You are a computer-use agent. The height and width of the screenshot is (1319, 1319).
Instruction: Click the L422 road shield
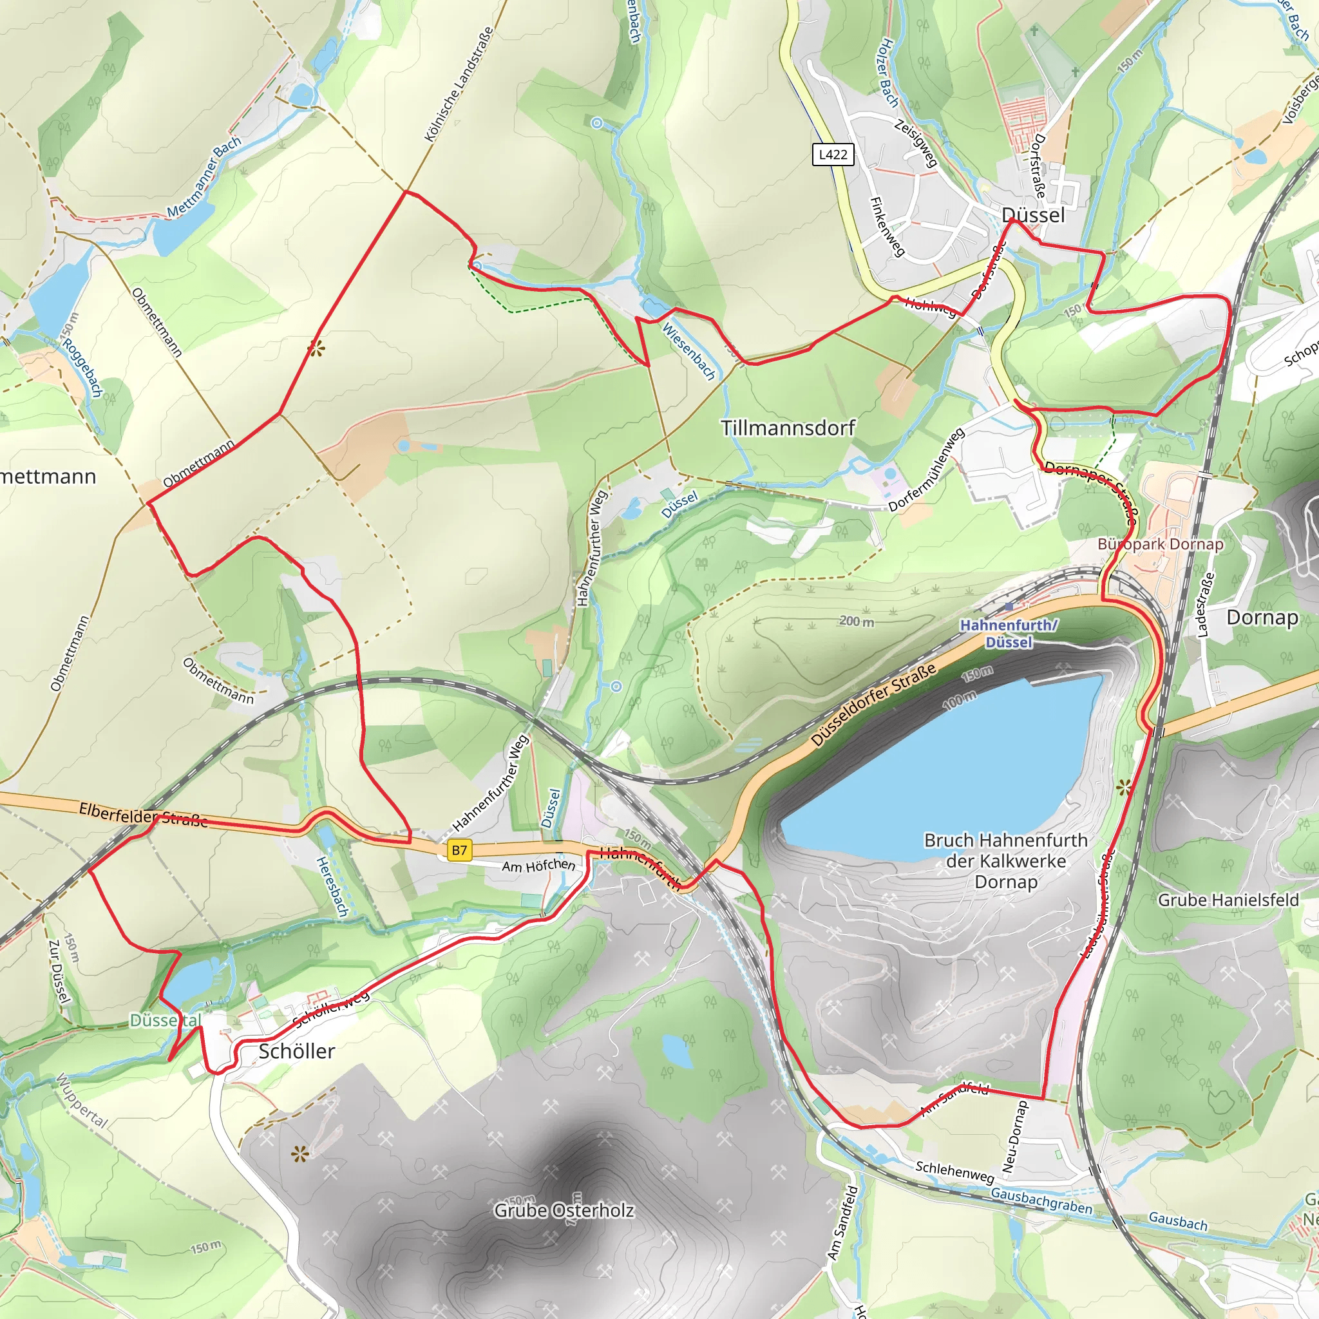pyautogui.click(x=833, y=155)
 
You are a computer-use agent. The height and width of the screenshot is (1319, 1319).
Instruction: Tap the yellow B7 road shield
pyautogui.click(x=459, y=850)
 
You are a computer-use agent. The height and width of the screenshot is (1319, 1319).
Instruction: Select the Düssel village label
pyautogui.click(x=1034, y=215)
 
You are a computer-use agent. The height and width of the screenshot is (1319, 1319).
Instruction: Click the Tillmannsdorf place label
pyautogui.click(x=788, y=428)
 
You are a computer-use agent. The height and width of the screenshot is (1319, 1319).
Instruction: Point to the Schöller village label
pyautogui.click(x=296, y=1050)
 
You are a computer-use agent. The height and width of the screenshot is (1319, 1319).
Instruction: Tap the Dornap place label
pyautogui.click(x=1262, y=617)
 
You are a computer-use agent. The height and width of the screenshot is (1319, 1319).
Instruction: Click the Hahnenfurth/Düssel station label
pyautogui.click(x=1009, y=634)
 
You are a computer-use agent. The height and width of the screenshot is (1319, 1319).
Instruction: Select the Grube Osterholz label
pyautogui.click(x=564, y=1210)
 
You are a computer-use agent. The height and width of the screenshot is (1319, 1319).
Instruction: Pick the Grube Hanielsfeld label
pyautogui.click(x=1228, y=900)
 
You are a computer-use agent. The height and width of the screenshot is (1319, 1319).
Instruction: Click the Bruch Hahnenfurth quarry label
pyautogui.click(x=1005, y=860)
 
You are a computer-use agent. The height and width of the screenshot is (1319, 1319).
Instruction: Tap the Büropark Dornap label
pyautogui.click(x=1160, y=544)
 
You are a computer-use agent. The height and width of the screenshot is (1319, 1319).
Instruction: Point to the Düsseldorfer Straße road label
pyautogui.click(x=873, y=705)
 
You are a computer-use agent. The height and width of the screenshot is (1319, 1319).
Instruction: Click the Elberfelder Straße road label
pyautogui.click(x=144, y=815)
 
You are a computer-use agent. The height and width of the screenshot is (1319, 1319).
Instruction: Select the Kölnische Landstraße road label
pyautogui.click(x=459, y=84)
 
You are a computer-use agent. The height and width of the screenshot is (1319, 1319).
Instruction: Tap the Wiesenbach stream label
pyautogui.click(x=689, y=351)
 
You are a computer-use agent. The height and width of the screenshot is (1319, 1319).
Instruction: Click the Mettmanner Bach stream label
pyautogui.click(x=204, y=177)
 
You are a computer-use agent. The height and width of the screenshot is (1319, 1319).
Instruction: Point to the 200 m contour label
pyautogui.click(x=856, y=622)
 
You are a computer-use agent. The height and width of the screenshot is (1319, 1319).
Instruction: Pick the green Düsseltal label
pyautogui.click(x=166, y=1020)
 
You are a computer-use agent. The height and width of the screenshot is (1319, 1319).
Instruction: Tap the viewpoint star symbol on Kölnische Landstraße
pyautogui.click(x=316, y=349)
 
